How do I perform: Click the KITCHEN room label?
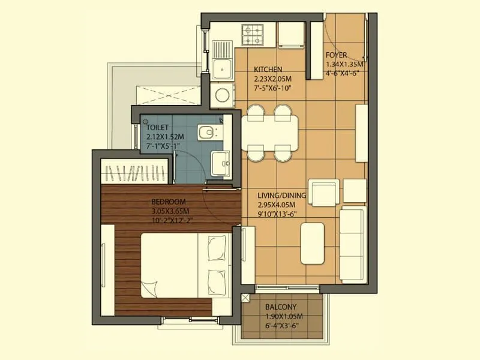[268, 69]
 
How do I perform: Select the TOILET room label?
[157, 128]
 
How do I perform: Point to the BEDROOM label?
[169, 202]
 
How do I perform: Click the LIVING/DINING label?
[282, 196]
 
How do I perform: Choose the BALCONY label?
[281, 307]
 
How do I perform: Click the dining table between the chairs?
[269, 133]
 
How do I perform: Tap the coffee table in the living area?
[312, 243]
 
